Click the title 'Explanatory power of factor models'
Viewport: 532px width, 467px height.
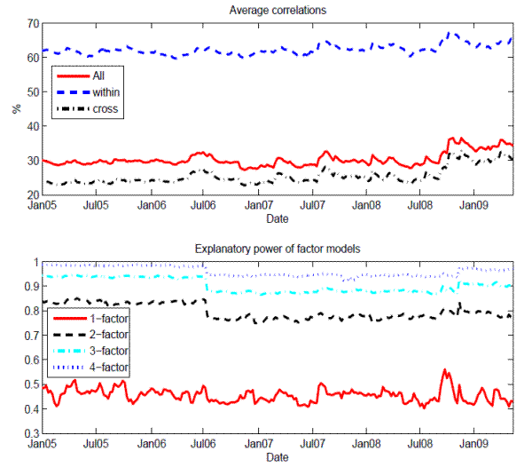pos(280,249)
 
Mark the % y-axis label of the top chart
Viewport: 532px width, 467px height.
pos(15,108)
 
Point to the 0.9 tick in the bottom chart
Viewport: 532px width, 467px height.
pos(27,287)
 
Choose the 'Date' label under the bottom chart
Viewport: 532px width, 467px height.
pos(277,457)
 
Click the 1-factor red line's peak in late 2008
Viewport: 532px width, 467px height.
pos(444,370)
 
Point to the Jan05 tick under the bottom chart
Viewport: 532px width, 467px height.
pos(42,445)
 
